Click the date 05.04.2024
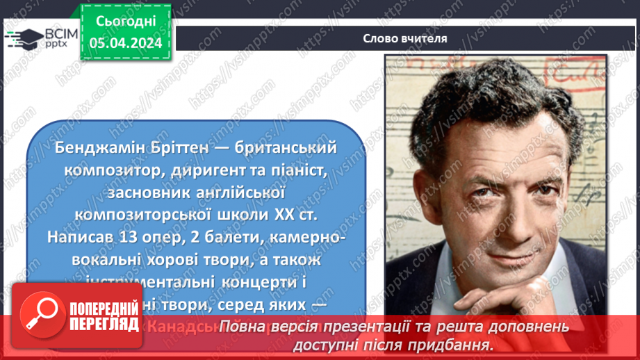coord(125,43)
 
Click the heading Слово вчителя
coord(404,38)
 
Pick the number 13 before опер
coord(129,236)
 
